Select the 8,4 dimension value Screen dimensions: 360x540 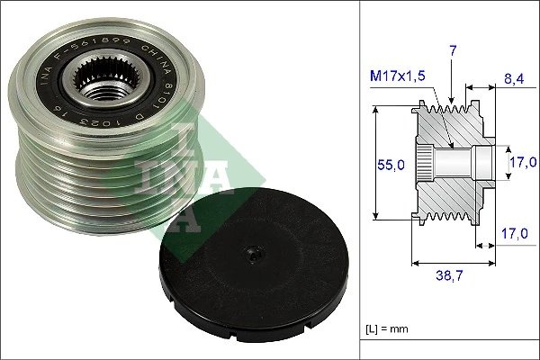pos(515,78)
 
